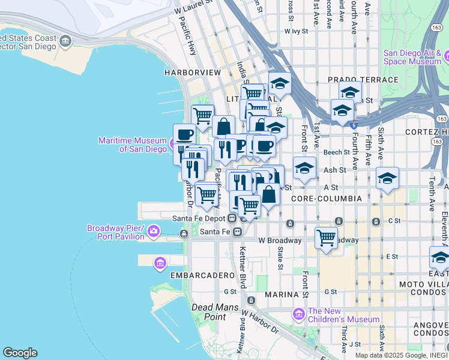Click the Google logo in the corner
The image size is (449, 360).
[x=20, y=352]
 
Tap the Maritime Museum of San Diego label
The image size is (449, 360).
[x=133, y=145]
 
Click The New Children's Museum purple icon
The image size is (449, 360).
[x=298, y=314]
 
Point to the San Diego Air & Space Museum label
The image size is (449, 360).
[x=412, y=57]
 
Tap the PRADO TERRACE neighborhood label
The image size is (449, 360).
[x=363, y=80]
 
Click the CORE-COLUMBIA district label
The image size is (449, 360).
[x=325, y=198]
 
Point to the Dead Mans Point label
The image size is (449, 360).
[x=208, y=311]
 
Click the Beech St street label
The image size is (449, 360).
[x=336, y=152]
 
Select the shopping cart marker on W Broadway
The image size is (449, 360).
[x=326, y=237]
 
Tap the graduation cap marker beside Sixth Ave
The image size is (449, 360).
[x=388, y=178]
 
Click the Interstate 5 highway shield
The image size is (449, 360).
[x=354, y=125]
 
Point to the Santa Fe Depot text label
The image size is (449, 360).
[x=198, y=218]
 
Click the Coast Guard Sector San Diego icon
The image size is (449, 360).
[x=65, y=41]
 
